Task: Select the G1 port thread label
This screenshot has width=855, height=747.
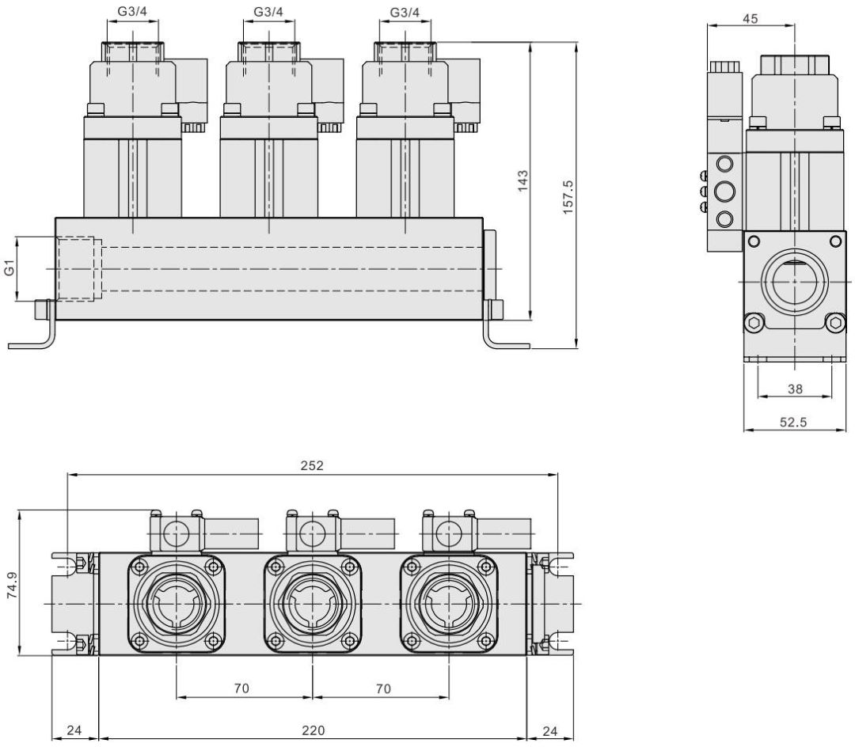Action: (x=10, y=269)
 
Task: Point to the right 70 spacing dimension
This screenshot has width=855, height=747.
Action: (x=382, y=688)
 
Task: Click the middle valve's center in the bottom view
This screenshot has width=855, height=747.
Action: (x=312, y=603)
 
